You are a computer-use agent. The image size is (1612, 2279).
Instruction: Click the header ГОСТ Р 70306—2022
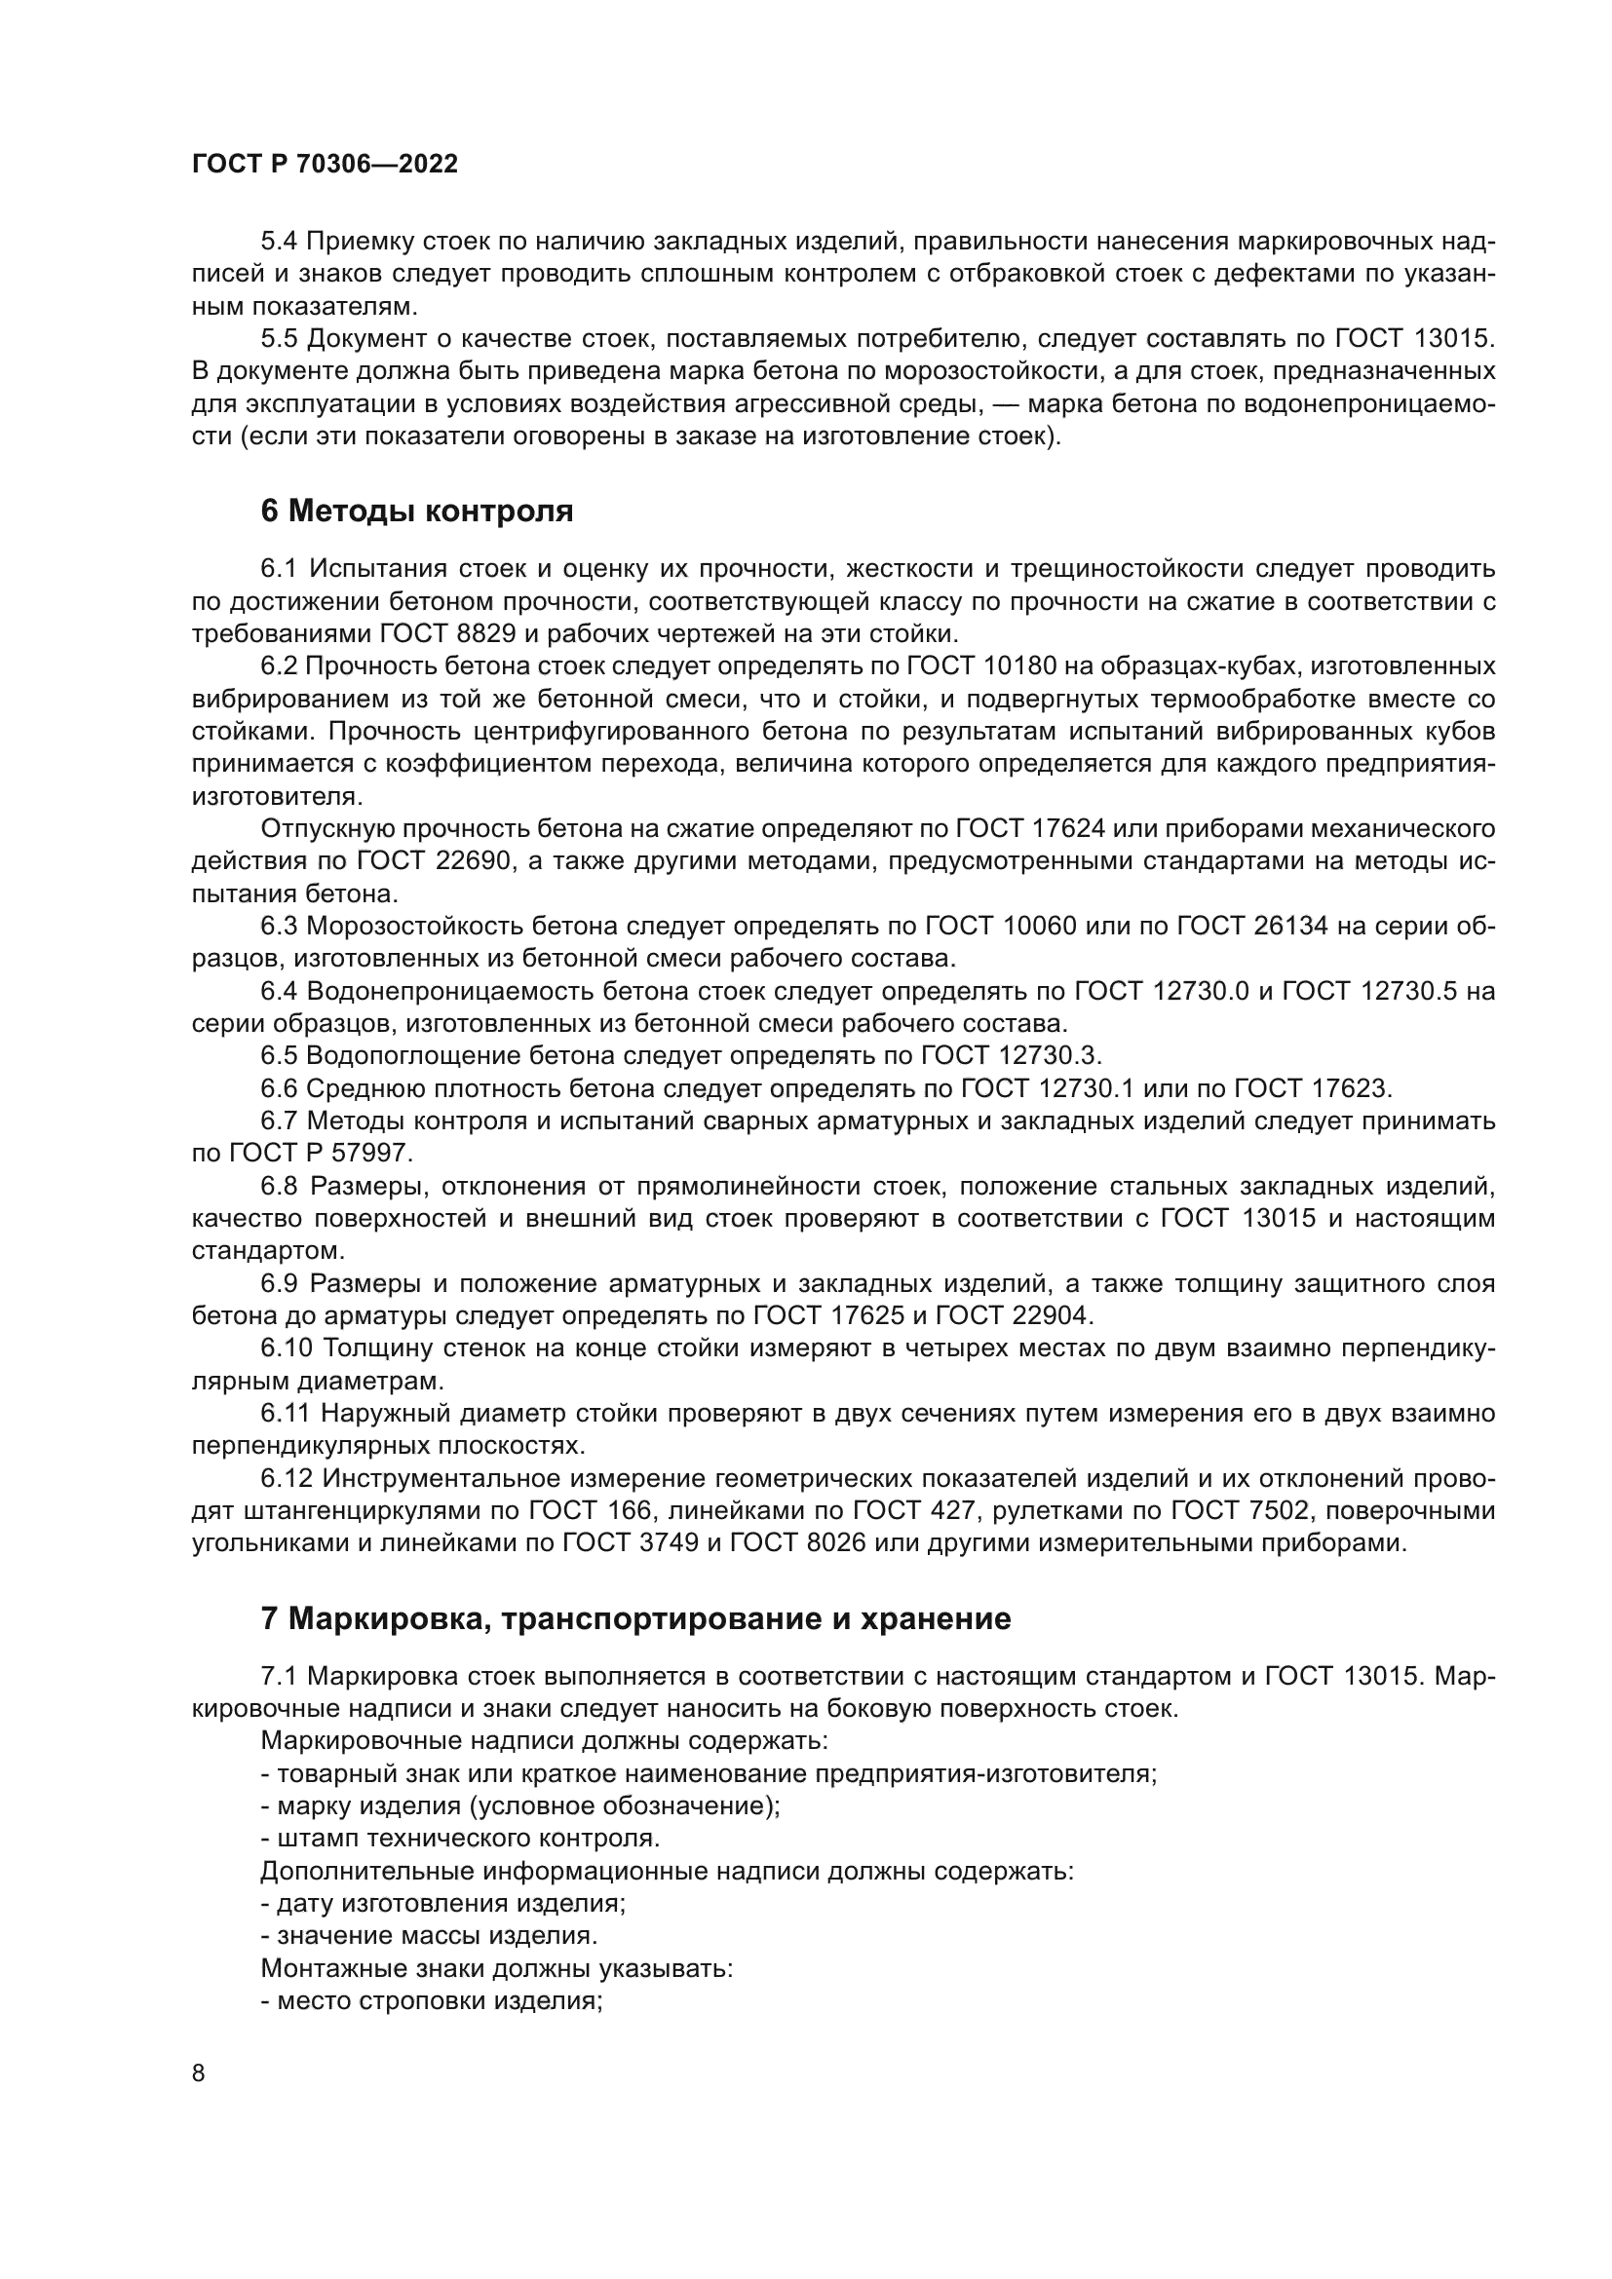[x=325, y=165]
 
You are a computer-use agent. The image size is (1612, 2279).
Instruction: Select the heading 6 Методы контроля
[x=417, y=512]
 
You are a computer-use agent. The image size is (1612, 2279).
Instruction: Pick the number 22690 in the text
[x=472, y=860]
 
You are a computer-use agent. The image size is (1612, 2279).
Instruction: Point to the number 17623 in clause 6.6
[x=1342, y=1088]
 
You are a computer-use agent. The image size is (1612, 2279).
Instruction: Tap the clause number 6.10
[x=286, y=1348]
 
